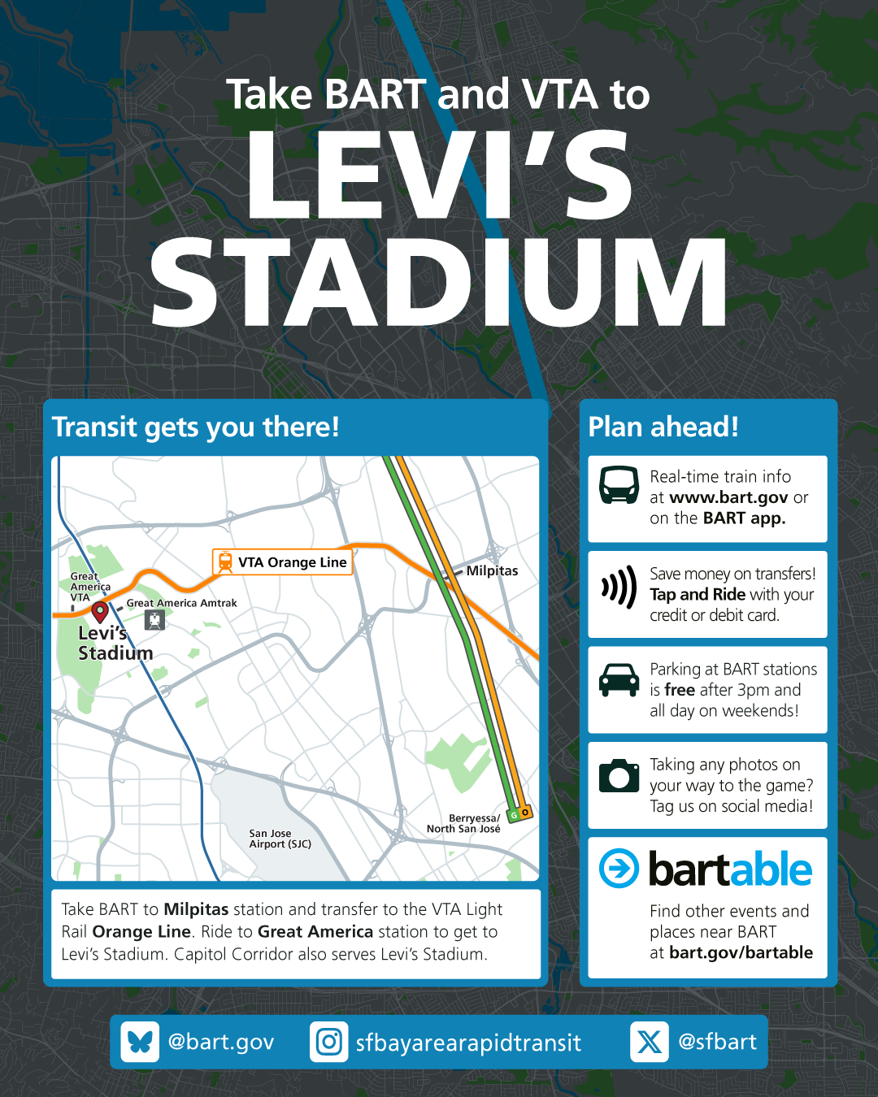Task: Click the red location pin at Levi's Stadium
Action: pos(100,611)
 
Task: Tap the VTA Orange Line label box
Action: pos(283,562)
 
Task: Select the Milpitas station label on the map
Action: pos(492,571)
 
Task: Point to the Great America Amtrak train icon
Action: pos(154,620)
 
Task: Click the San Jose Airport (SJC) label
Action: pos(280,839)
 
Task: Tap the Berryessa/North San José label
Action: pos(463,823)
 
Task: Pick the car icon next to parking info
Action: pos(619,680)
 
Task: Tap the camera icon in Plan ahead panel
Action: pos(619,775)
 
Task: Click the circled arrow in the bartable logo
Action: pos(619,869)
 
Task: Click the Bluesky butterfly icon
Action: pos(140,1042)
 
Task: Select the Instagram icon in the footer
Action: pos(329,1042)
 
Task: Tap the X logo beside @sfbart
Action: pos(649,1042)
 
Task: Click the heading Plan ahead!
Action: pos(663,427)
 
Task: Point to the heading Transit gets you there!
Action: pos(195,427)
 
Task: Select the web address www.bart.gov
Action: pos(728,497)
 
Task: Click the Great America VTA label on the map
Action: pos(89,587)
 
